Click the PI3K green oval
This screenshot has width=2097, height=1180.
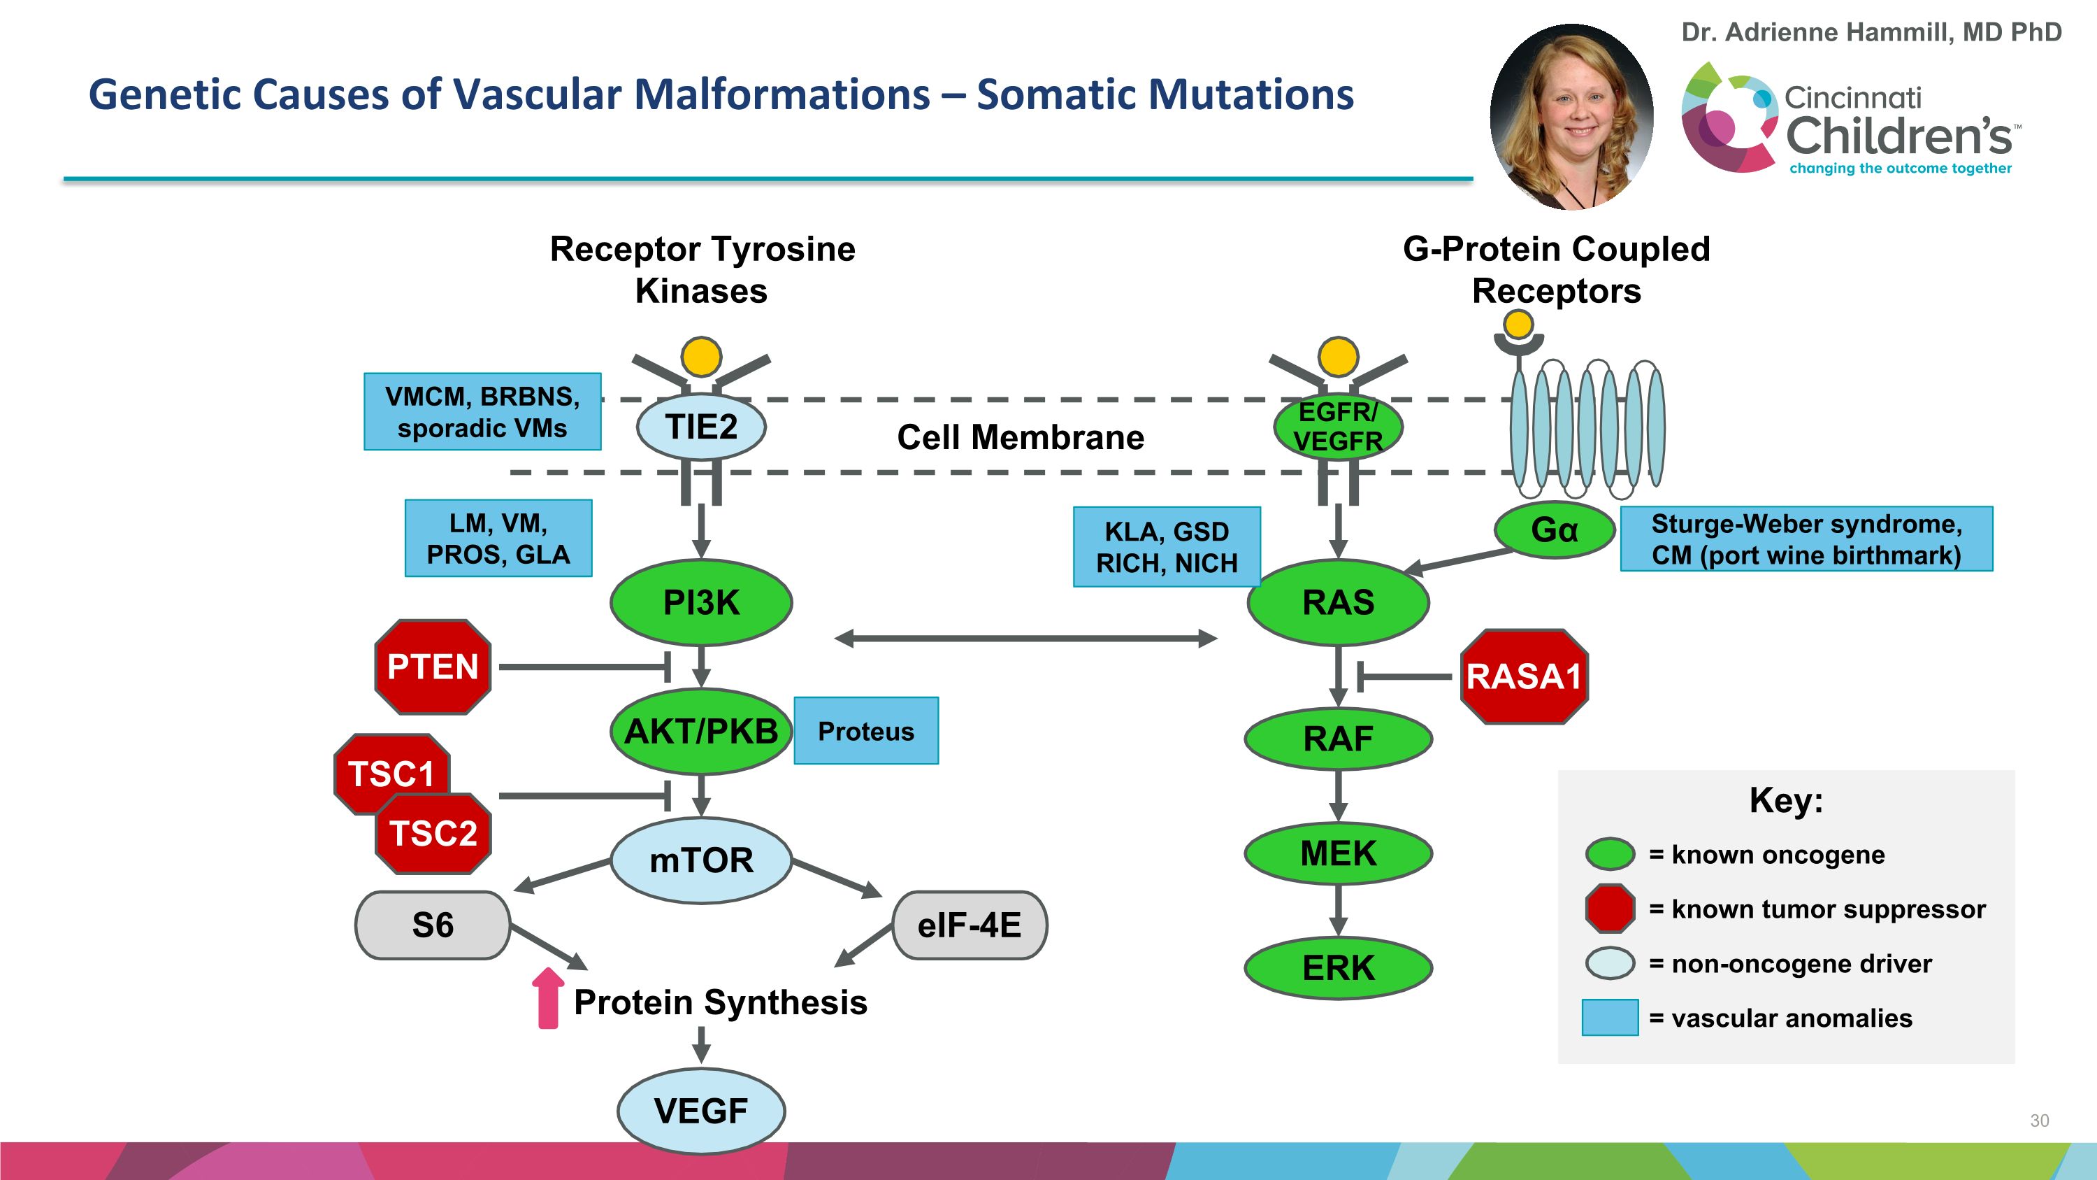701,603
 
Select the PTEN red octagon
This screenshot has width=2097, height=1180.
432,667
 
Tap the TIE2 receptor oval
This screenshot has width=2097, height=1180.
701,427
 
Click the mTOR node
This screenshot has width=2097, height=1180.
701,860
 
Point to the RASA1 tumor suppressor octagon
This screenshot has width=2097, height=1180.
1523,676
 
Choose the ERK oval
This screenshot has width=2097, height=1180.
1339,968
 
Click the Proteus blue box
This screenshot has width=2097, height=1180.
865,731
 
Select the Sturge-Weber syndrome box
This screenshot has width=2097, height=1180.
1806,539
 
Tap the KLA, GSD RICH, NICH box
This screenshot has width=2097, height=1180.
1166,547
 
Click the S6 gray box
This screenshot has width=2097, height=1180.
432,925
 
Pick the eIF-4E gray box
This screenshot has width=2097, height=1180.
969,925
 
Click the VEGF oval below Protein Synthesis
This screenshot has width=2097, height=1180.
701,1111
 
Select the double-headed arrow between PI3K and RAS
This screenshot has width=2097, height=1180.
1025,639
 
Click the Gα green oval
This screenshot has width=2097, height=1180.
1554,530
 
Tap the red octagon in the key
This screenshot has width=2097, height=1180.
1609,908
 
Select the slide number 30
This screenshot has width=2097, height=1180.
2039,1121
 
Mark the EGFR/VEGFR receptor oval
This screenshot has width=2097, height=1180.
1337,427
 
